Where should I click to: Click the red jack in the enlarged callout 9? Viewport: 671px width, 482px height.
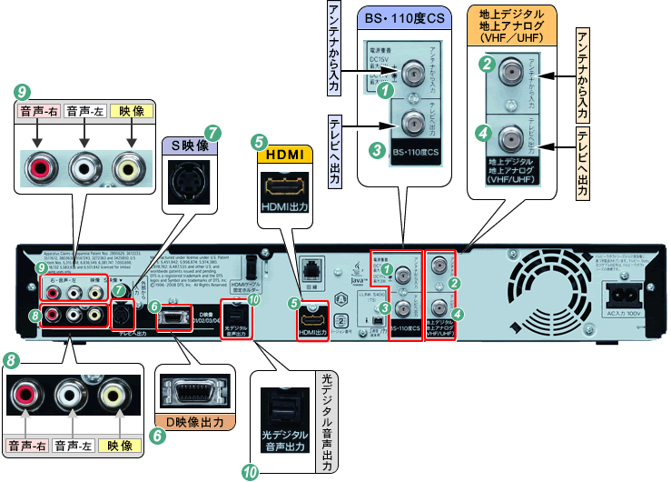[36, 169]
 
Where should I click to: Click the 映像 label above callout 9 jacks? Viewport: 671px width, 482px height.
[133, 111]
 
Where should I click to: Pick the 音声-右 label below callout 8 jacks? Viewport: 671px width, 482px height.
[28, 446]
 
